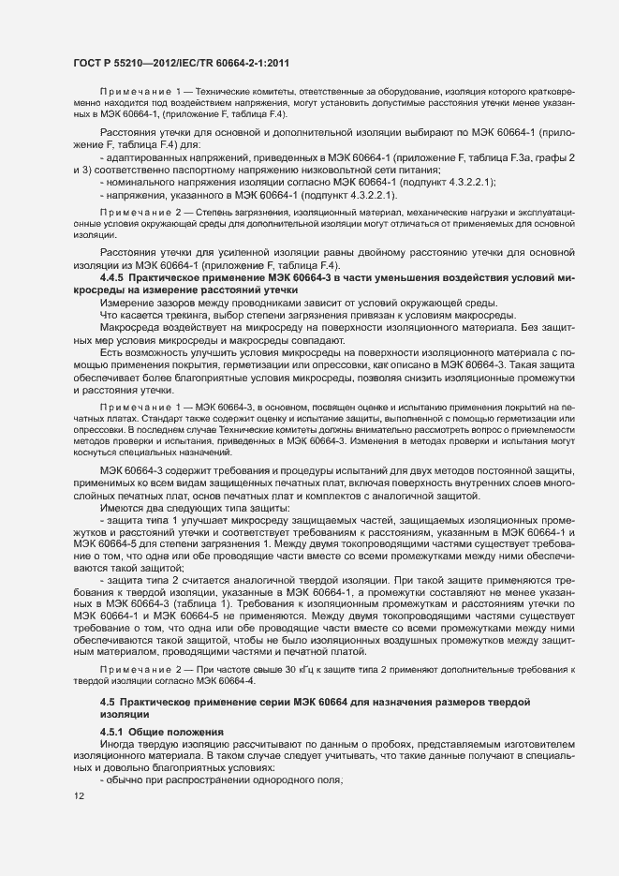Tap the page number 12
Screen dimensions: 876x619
pos(79,795)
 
